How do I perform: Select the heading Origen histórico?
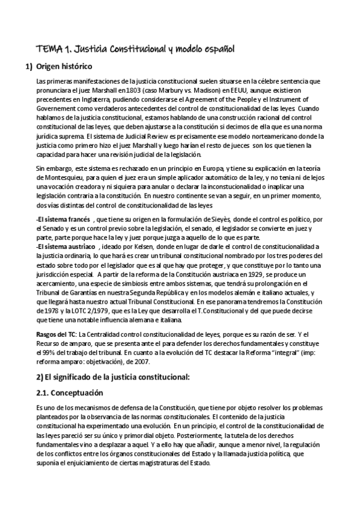64,66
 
